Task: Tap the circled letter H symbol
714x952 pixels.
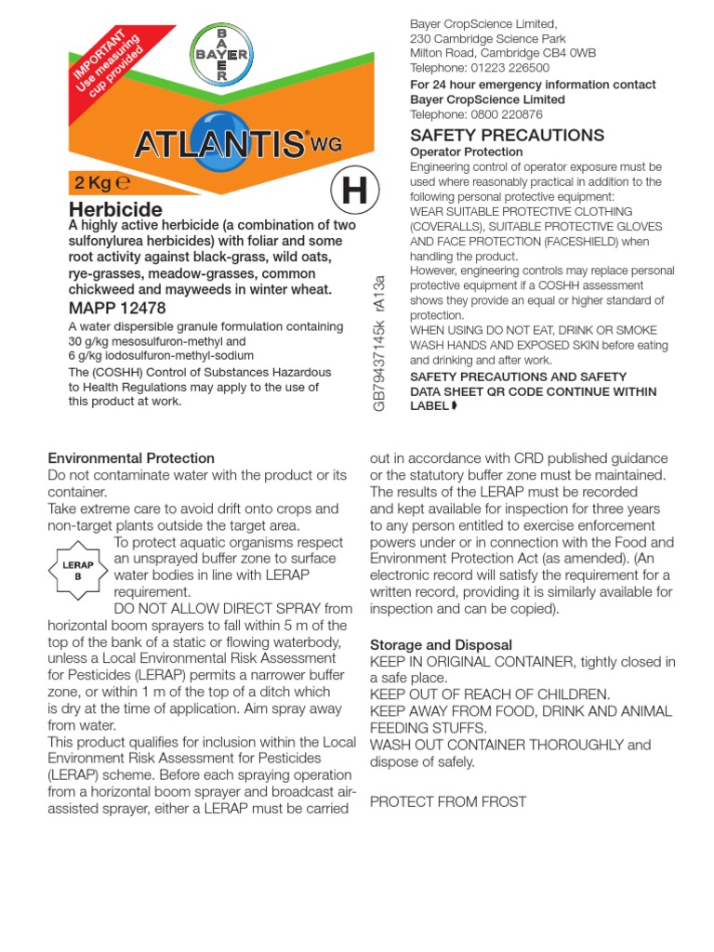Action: (x=354, y=192)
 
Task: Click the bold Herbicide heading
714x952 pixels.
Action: (x=115, y=209)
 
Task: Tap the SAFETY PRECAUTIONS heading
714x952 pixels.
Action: (x=507, y=135)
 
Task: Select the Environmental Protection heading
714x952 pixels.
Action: (x=131, y=458)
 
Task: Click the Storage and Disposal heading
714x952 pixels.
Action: (x=441, y=644)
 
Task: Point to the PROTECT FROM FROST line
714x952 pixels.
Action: (x=447, y=801)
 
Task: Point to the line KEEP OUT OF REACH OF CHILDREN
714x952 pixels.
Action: (x=490, y=694)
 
